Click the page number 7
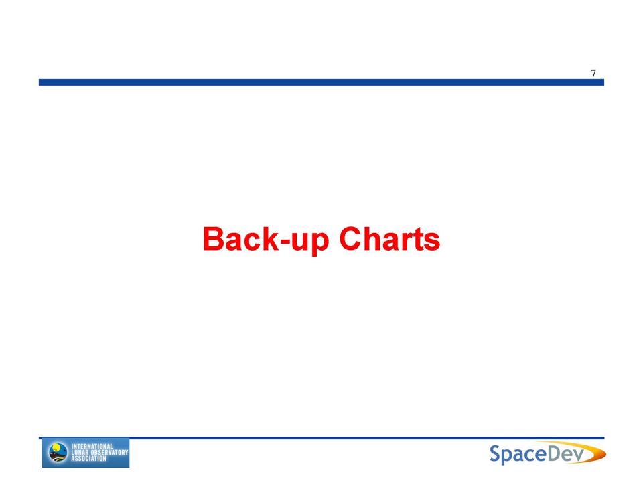(593, 74)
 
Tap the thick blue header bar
(321, 82)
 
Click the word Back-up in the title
(266, 240)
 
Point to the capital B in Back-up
(213, 238)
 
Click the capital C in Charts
(350, 238)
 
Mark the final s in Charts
(432, 242)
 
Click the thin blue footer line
(321, 438)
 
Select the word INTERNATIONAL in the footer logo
(92, 447)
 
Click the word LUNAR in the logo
(80, 452)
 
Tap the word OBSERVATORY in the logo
(109, 452)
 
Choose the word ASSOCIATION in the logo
(89, 458)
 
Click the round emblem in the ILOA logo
(58, 453)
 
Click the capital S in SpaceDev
(496, 453)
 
